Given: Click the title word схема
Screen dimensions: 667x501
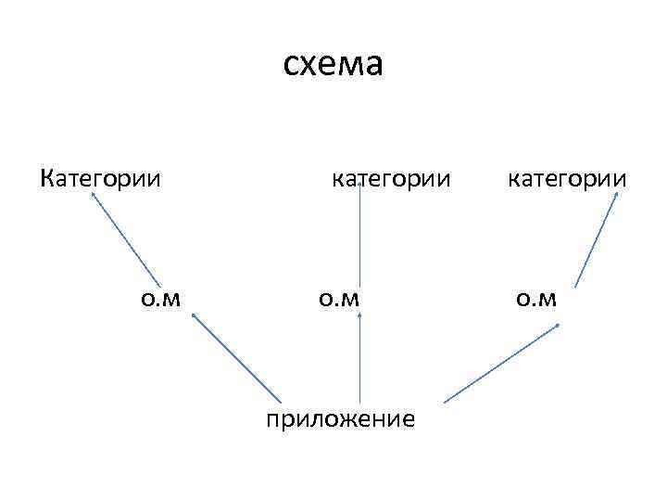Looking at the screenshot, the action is (332, 65).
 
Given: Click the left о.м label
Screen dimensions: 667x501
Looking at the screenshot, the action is (160, 298).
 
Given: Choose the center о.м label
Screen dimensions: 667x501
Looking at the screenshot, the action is (338, 298).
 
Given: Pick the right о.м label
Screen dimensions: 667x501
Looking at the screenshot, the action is (535, 298).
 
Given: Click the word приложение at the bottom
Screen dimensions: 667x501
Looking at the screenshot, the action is (340, 418).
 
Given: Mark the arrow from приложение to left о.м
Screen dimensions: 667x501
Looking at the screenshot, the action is (236, 358).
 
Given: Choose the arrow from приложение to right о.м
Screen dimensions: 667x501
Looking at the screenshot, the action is (501, 363).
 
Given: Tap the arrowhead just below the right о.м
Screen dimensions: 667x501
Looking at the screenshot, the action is (558, 325).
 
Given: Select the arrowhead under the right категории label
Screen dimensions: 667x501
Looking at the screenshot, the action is (617, 196).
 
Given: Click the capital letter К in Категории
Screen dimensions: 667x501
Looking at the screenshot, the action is (47, 176).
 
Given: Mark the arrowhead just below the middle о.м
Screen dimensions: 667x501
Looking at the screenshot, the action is (359, 316).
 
